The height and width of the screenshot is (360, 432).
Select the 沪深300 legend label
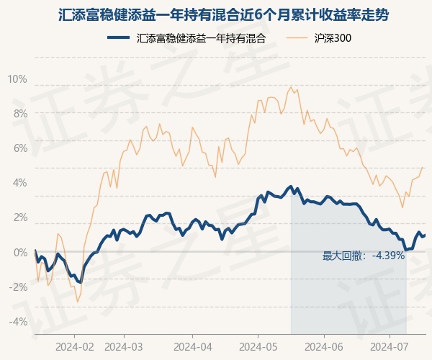pos(333,39)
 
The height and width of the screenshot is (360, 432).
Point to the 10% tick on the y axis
pos(17,79)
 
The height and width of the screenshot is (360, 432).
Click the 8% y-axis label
pos(19,114)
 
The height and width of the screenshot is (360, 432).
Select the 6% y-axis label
pos(19,148)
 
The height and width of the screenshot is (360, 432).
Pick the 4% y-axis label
pos(19,183)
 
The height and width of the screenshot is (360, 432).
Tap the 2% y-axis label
pos(19,217)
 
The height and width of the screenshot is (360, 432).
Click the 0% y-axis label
pos(19,252)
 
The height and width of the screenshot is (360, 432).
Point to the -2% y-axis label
pos(18,287)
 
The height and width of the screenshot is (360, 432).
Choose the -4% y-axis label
pos(18,321)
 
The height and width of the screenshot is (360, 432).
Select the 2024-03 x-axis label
pos(124,346)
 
